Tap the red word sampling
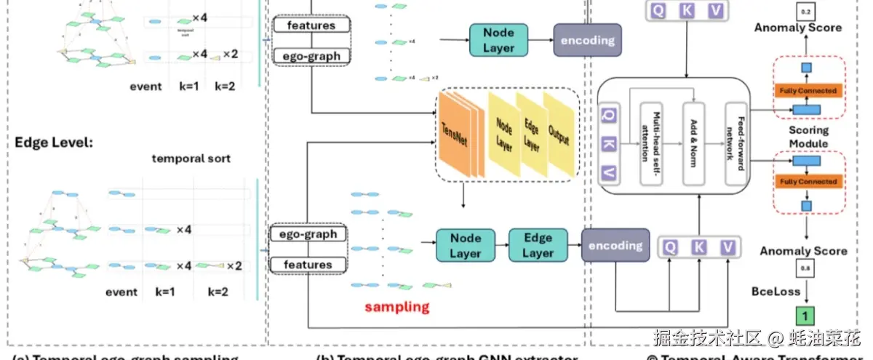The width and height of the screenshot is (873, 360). click(396, 306)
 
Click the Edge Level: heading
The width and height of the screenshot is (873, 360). click(54, 142)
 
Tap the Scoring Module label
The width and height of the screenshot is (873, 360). click(809, 137)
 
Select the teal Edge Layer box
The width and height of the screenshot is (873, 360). click(538, 245)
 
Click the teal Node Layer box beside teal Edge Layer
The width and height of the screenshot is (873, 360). click(466, 245)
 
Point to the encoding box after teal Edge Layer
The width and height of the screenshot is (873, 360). click(615, 246)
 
